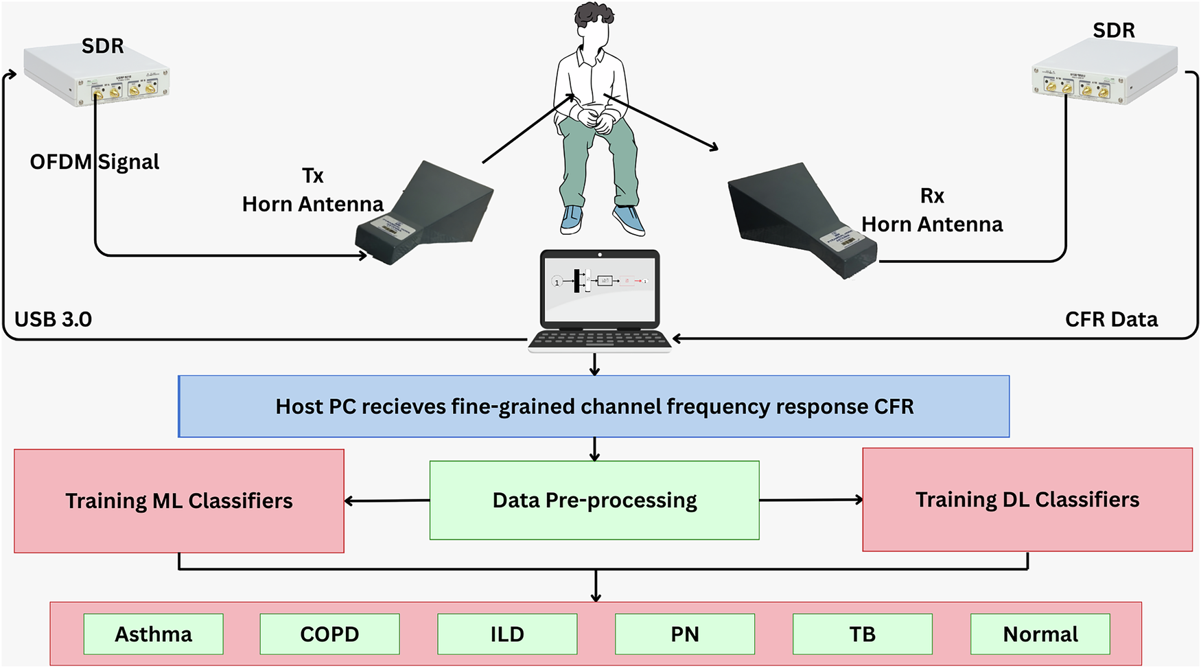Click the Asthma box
[153, 634]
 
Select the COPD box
[329, 634]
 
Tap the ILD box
[507, 634]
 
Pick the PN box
[684, 634]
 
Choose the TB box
[862, 634]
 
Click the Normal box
[1040, 634]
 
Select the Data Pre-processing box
[594, 500]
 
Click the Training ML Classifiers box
[178, 500]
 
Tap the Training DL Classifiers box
[1027, 499]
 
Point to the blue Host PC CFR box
[594, 406]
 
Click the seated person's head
[592, 26]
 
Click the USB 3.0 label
[53, 319]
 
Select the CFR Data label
[1110, 319]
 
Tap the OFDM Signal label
[94, 162]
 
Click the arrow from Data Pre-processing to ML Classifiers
[386, 500]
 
